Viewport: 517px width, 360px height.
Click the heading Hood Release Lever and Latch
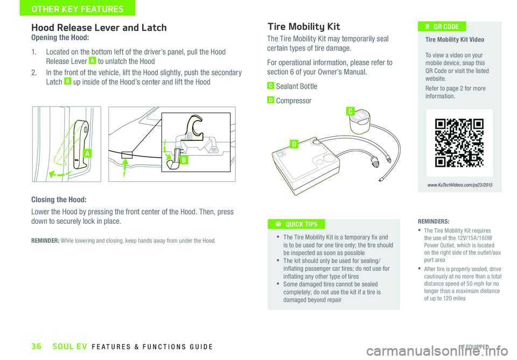click(x=99, y=27)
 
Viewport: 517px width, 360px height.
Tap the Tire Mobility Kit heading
click(x=304, y=26)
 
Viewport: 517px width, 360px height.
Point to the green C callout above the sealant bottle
click(x=350, y=111)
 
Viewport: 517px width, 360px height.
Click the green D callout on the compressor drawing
click(x=294, y=144)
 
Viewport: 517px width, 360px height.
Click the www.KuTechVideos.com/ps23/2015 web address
click(x=459, y=185)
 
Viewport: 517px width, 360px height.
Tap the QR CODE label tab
click(x=445, y=27)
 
